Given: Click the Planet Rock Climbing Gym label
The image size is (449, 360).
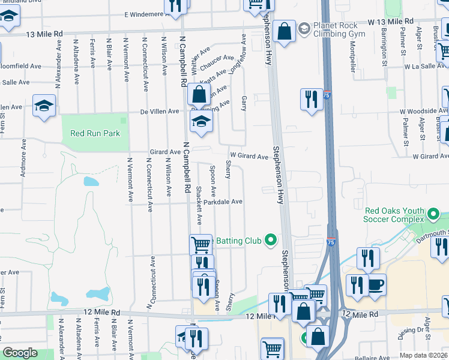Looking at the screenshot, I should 337,29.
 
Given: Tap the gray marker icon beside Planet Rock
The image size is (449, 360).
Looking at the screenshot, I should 304,28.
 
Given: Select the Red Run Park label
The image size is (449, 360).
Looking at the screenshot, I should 95,134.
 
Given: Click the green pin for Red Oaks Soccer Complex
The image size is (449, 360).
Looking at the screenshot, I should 433,214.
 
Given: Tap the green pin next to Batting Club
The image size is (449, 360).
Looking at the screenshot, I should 271,241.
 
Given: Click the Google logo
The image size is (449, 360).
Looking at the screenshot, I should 20,353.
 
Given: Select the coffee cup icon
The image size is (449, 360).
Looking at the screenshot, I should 376,285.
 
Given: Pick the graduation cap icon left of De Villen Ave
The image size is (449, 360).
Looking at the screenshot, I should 44,106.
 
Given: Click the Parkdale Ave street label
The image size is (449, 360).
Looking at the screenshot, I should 222,202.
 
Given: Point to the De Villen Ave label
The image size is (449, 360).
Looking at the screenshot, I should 160,112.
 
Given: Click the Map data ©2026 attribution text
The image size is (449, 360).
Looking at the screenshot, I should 423,355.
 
